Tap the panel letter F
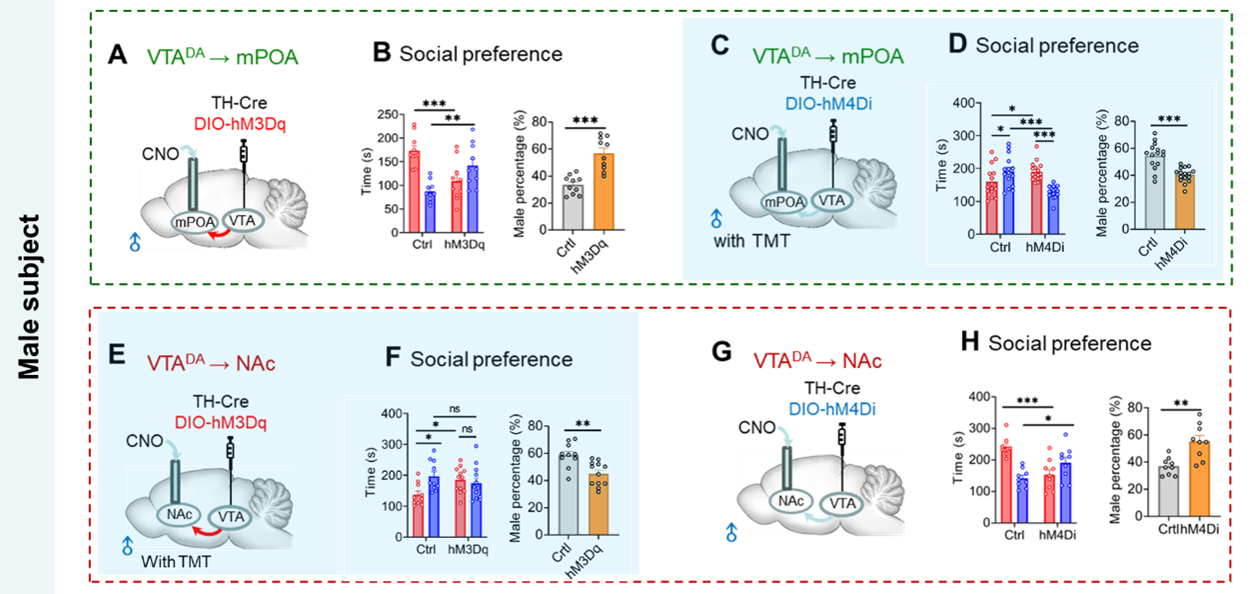(393, 359)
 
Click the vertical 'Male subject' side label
(31, 296)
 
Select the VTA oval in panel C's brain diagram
(834, 200)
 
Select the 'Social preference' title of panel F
(492, 360)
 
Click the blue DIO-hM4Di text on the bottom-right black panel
(833, 408)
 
